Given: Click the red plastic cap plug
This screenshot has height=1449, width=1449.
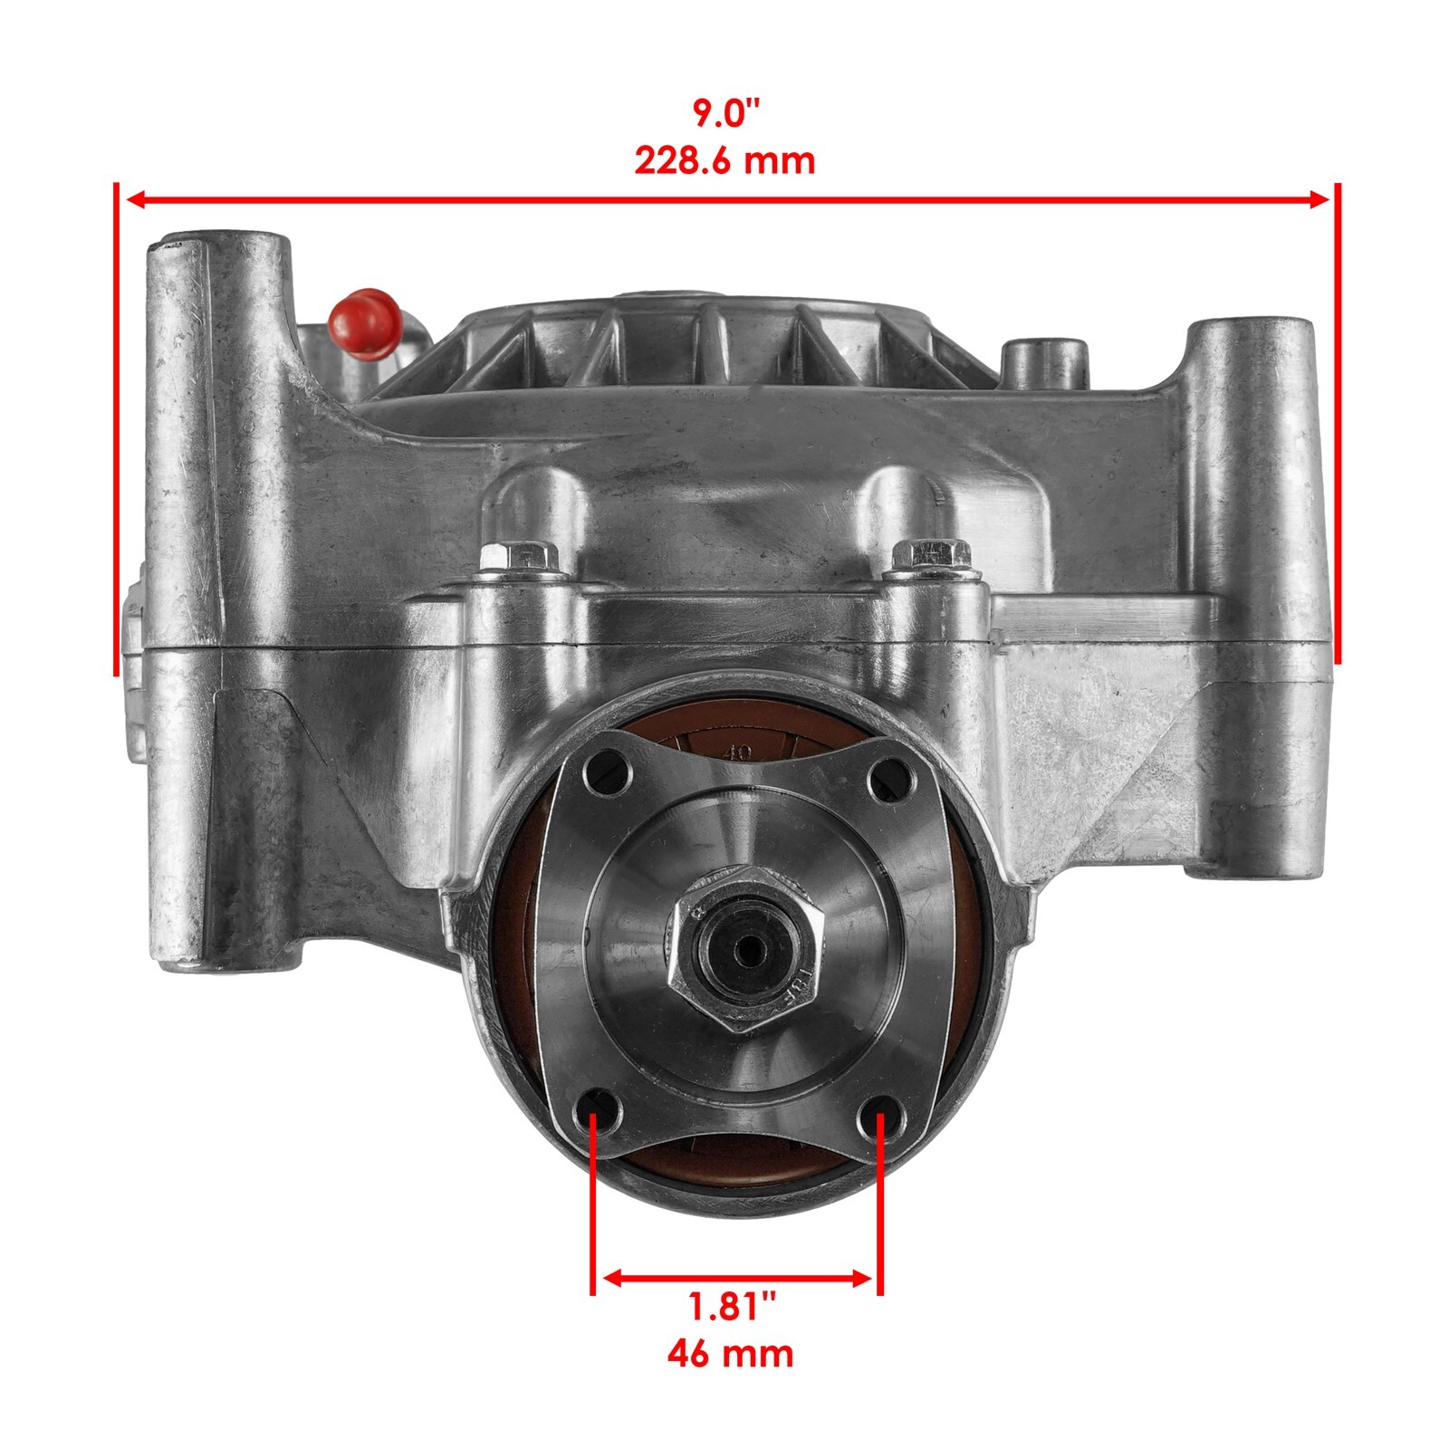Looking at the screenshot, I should coord(363,319).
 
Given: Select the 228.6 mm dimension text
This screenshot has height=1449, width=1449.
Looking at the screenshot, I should coord(724,161).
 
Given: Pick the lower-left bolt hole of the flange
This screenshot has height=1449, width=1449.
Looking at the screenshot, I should coord(594,1113).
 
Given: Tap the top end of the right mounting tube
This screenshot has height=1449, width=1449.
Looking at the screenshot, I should coord(1250,328).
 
